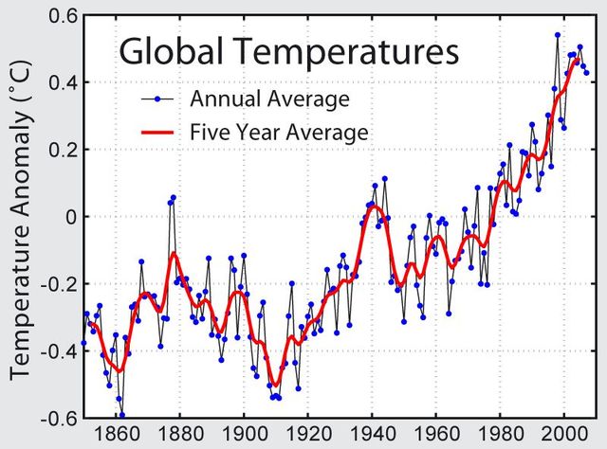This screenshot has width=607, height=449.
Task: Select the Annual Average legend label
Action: [256, 99]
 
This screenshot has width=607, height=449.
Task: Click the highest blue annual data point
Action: [558, 35]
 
